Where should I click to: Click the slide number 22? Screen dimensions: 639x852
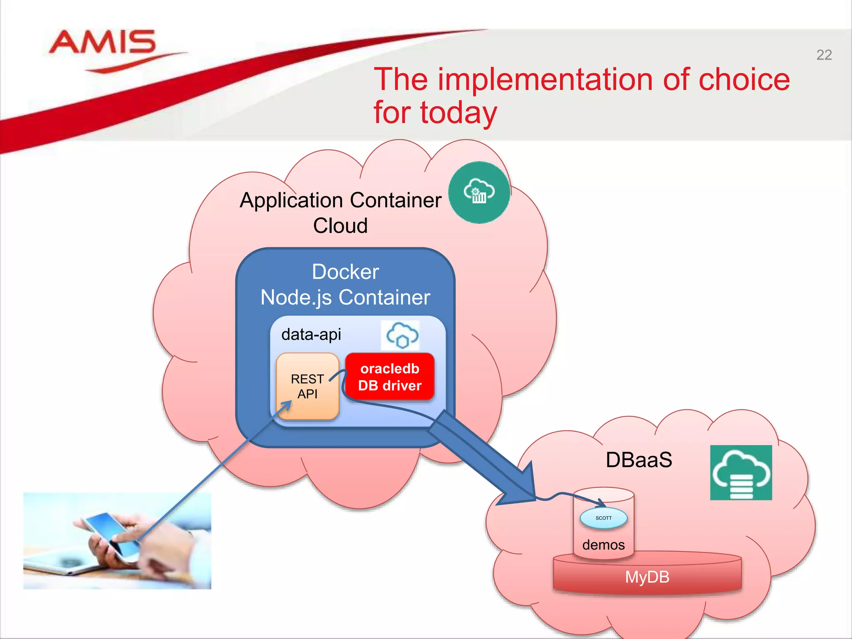point(824,55)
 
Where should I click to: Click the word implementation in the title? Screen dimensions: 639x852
point(545,79)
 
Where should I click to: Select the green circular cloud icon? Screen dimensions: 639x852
point(479,192)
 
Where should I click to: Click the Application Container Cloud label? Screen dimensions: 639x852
point(340,212)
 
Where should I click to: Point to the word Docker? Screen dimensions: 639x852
point(345,272)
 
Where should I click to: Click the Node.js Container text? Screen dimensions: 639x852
point(345,297)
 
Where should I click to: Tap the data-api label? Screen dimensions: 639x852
point(311,334)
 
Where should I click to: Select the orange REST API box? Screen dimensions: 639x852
point(307,386)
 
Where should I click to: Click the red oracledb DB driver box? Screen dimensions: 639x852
point(390,377)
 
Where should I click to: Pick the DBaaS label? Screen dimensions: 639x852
point(639,460)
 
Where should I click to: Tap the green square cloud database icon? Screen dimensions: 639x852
point(741,473)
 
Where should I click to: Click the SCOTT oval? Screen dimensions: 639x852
point(604,518)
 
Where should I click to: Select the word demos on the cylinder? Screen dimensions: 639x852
point(603,545)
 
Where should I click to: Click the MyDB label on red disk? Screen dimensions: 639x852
point(647,577)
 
